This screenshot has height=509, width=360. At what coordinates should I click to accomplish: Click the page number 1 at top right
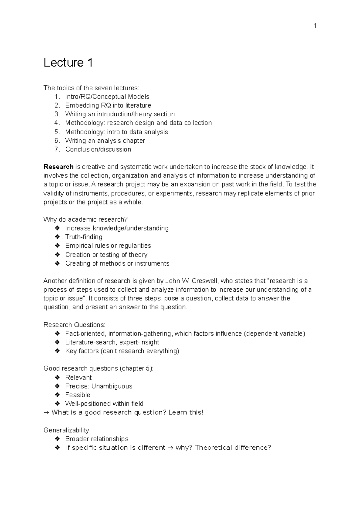click(x=315, y=26)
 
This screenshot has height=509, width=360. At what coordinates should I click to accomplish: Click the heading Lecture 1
click(x=68, y=63)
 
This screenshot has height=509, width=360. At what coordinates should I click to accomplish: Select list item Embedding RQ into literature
click(x=108, y=105)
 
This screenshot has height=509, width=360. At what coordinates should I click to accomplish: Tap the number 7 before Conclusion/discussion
click(x=57, y=149)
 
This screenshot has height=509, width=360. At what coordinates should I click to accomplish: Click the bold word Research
click(x=58, y=167)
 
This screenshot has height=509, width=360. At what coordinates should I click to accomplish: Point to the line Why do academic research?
click(x=85, y=219)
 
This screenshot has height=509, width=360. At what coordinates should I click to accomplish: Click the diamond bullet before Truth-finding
click(x=57, y=237)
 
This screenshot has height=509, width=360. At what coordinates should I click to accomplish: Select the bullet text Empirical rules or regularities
click(x=108, y=246)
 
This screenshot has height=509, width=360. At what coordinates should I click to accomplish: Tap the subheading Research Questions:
click(x=74, y=325)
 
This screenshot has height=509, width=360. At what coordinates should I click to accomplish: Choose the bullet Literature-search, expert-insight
click(x=112, y=342)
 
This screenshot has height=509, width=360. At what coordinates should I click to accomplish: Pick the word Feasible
click(x=78, y=395)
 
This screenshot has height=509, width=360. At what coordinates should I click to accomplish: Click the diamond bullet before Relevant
click(x=57, y=377)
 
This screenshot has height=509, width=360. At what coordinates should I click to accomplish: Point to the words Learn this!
click(x=186, y=412)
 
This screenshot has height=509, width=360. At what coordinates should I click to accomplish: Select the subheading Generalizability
click(x=66, y=430)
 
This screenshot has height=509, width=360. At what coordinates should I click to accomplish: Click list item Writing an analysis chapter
click(x=105, y=141)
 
